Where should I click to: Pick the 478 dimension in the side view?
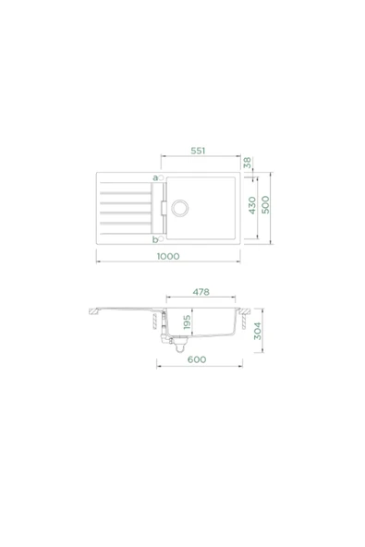coord(201,292)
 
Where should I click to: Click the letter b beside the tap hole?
coord(154,238)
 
